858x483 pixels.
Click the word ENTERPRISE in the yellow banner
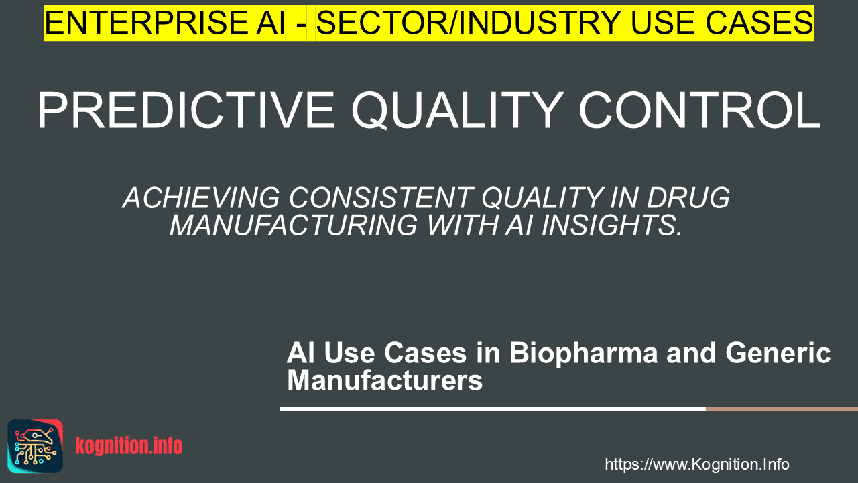point(146,23)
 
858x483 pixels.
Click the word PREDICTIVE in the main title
point(186,111)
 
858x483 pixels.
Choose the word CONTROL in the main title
point(700,111)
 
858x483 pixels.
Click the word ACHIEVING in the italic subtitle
point(202,198)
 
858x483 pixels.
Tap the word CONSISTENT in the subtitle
point(381,198)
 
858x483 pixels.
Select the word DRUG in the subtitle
point(688,198)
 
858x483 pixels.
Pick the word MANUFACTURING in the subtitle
point(294,225)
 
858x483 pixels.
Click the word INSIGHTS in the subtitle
point(612,225)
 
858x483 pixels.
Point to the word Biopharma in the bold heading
point(583,354)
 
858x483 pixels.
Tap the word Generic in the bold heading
point(778,353)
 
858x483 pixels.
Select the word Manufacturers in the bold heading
point(385,380)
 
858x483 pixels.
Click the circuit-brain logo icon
point(36,446)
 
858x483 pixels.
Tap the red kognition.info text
point(129,446)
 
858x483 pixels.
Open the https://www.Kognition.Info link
point(696,464)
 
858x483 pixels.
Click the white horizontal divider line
point(493,409)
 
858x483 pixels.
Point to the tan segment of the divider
point(782,409)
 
